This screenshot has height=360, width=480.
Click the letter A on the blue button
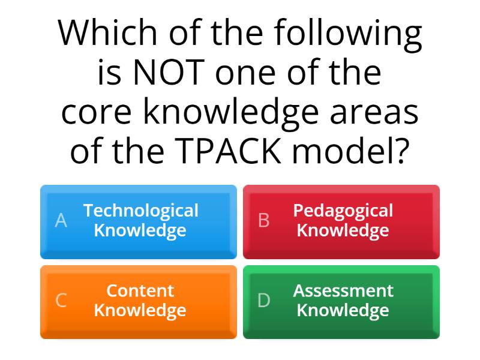61,221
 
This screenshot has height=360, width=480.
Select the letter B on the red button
263,221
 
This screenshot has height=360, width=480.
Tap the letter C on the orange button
61,301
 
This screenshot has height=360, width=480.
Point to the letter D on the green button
263,301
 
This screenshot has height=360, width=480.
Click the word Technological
140,211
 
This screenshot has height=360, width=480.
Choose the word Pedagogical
343,211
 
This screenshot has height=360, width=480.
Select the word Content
140,290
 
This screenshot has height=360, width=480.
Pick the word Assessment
343,290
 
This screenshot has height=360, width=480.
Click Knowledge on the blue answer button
140,230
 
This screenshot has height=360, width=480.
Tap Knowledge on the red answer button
343,230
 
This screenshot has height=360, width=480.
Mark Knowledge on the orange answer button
140,310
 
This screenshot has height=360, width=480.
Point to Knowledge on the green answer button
343,310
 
